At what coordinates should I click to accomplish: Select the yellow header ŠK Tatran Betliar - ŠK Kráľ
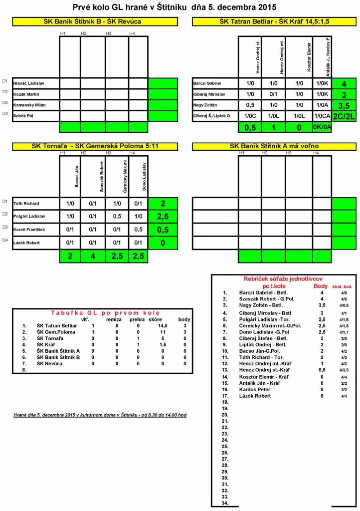274,22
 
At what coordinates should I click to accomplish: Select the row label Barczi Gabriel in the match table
207,83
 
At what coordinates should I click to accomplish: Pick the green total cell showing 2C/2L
344,116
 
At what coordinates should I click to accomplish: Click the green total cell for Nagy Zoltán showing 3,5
344,105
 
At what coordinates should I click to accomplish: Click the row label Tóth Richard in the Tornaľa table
26,204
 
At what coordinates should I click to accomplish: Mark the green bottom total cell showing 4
93,256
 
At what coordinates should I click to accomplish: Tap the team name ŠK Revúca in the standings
49,364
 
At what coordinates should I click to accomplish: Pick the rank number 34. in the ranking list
225,503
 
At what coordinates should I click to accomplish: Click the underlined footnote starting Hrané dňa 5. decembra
100,415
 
